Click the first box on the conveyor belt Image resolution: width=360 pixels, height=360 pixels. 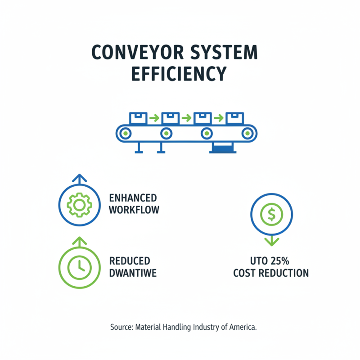138,118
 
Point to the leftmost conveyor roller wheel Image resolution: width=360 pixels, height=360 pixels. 125,133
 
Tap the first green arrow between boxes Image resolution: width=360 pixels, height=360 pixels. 154,118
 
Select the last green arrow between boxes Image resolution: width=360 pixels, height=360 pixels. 219,118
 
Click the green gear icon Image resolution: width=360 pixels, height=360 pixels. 79,205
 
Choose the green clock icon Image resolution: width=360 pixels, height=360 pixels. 79,267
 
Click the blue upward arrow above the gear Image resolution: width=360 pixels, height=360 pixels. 79,179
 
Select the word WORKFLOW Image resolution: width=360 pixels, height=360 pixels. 134,210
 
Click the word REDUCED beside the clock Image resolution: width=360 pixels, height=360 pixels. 130,261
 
